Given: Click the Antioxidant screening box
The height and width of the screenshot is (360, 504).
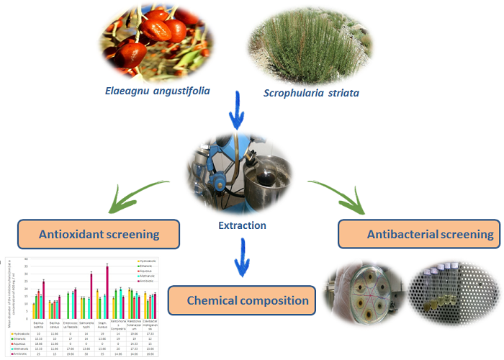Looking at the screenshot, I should [99, 234].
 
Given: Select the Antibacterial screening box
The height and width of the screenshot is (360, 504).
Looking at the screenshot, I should [421, 234].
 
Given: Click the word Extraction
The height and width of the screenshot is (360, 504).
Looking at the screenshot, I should [242, 225].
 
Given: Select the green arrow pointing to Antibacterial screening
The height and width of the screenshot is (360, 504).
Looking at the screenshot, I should [339, 194].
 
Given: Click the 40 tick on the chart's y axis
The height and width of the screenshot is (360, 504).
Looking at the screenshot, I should [27, 258].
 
